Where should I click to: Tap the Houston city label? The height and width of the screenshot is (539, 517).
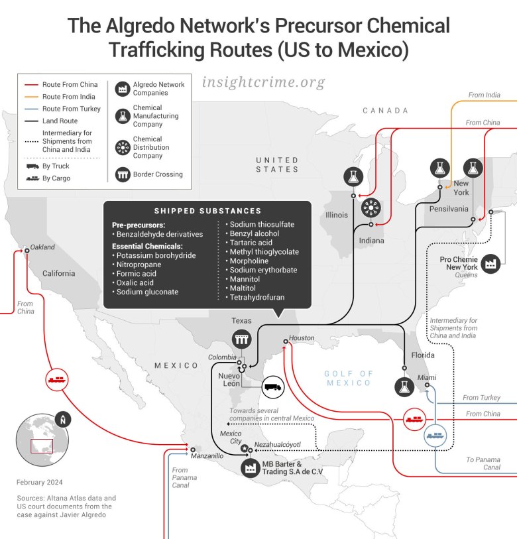302,338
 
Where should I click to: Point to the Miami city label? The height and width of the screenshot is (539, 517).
427,377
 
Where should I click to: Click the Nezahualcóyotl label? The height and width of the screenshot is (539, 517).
278,444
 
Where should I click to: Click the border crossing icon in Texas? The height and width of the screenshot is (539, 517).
241,340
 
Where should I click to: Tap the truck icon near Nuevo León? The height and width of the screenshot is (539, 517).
272,385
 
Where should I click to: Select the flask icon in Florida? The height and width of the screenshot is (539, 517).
402,387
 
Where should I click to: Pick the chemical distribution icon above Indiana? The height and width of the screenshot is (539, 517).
371,208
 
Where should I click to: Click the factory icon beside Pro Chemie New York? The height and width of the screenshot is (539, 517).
490,263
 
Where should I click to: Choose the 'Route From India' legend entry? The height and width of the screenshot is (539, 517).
70,97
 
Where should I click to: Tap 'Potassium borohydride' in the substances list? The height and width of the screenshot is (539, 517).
155,255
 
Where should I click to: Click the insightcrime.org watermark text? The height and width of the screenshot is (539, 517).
263,83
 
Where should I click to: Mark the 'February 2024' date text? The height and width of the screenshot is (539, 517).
40,482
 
